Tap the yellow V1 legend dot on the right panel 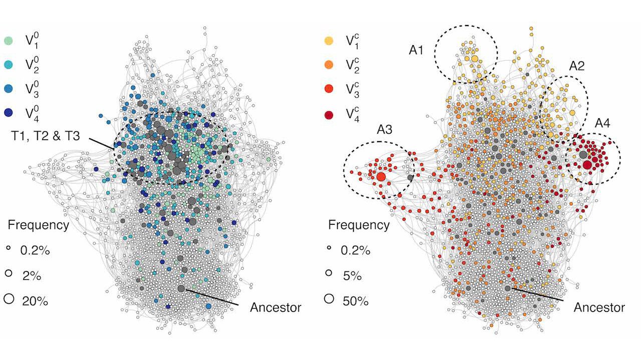(330, 40)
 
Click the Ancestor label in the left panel (275, 307)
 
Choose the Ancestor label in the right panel (599, 307)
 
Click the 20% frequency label (36, 300)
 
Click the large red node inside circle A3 (381, 177)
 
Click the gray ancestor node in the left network (181, 288)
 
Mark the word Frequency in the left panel (38, 225)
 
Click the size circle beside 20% (9, 299)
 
